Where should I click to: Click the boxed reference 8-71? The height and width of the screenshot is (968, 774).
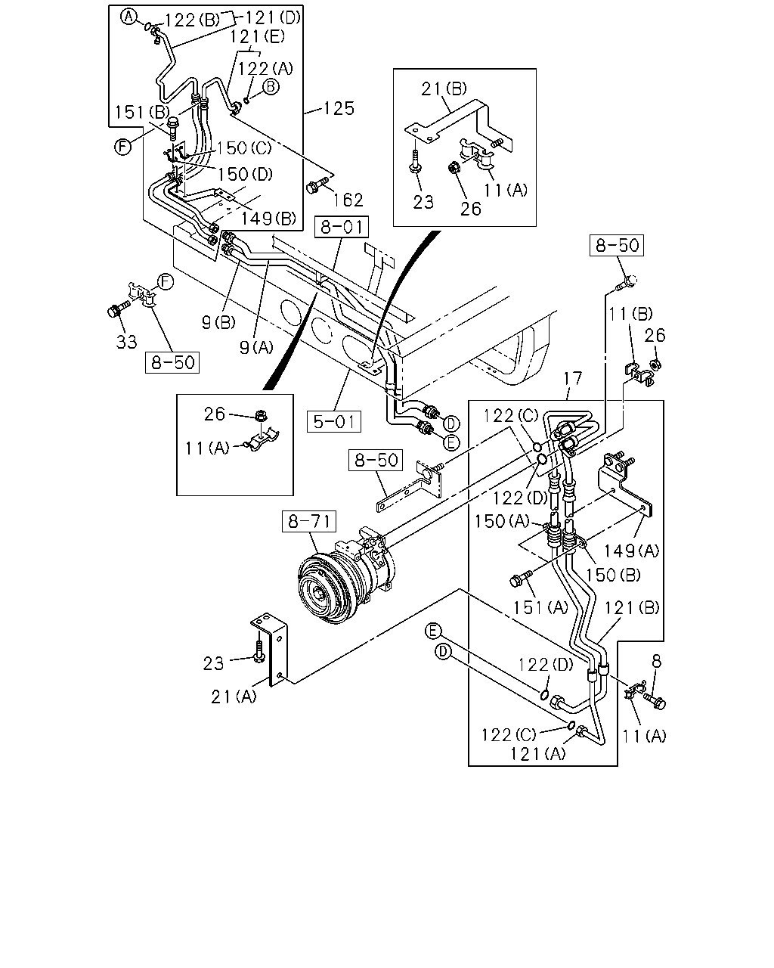pos(309,521)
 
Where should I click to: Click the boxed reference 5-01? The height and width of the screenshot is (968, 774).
pos(334,422)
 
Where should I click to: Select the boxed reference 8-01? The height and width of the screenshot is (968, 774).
pos(342,227)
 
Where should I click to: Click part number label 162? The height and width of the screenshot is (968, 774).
pos(348,200)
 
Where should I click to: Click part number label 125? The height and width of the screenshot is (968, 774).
pos(339,108)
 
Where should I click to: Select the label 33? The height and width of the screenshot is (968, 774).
pos(126,343)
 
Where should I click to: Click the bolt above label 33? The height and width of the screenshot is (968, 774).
pos(118,309)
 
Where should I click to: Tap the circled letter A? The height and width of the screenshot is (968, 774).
pos(128,17)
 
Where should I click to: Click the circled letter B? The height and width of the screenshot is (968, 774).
pos(271,86)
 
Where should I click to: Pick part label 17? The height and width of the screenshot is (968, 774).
pos(573,378)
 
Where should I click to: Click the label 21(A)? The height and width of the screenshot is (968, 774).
pos(234,697)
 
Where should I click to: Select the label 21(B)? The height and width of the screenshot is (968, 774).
pos(444,89)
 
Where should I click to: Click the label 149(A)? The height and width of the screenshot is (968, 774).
pos(631,551)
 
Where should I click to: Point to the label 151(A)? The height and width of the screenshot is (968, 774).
pos(540,608)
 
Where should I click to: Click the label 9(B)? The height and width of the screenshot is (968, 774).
pos(218,322)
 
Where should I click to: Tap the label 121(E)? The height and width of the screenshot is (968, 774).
pos(257,36)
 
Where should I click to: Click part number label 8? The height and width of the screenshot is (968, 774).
pos(657,661)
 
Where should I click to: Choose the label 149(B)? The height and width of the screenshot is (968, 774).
pos(268,219)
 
